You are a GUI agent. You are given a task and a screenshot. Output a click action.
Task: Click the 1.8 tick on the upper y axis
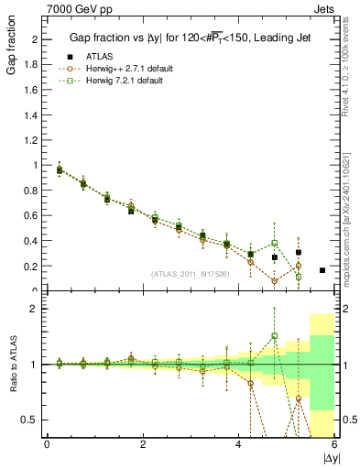(x=31, y=65)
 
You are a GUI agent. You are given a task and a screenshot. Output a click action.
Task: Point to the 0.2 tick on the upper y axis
(x=31, y=267)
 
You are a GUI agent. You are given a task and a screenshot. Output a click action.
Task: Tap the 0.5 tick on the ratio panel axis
(x=31, y=420)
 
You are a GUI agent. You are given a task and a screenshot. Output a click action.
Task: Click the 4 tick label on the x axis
(x=238, y=444)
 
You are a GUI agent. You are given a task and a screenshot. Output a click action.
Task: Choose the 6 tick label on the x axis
(x=334, y=444)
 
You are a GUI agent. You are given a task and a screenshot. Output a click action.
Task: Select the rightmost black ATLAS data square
(x=322, y=270)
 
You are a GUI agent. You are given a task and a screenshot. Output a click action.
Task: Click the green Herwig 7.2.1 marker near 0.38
(x=275, y=243)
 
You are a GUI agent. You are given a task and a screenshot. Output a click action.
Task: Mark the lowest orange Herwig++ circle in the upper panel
(x=275, y=281)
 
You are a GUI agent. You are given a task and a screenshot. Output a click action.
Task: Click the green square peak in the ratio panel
(x=275, y=336)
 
